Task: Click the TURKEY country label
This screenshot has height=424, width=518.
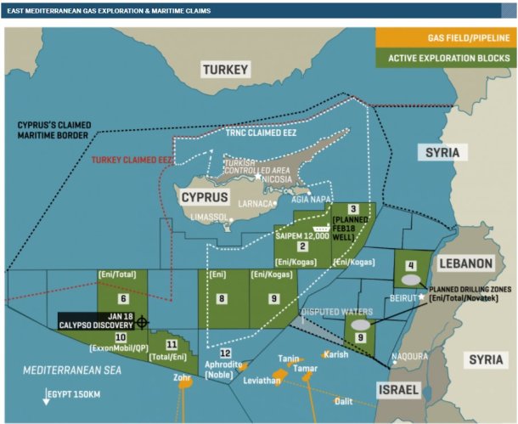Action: click(x=224, y=69)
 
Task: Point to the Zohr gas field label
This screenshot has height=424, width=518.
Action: click(x=181, y=377)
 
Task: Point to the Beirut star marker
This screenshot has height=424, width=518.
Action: click(x=421, y=297)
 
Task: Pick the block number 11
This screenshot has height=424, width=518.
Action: click(x=172, y=344)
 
